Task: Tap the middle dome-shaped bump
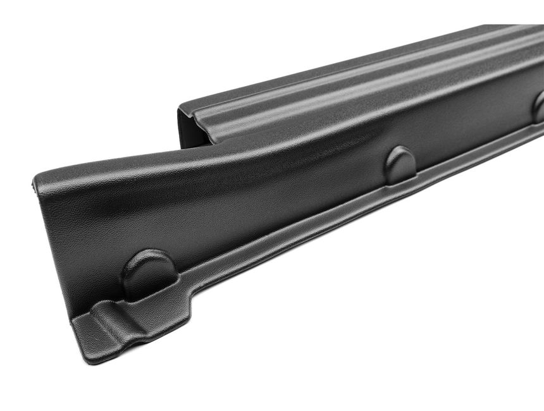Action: coord(400,164)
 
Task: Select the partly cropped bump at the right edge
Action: coord(538,107)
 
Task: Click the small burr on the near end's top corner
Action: coord(34,184)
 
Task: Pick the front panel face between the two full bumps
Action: coord(272,202)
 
